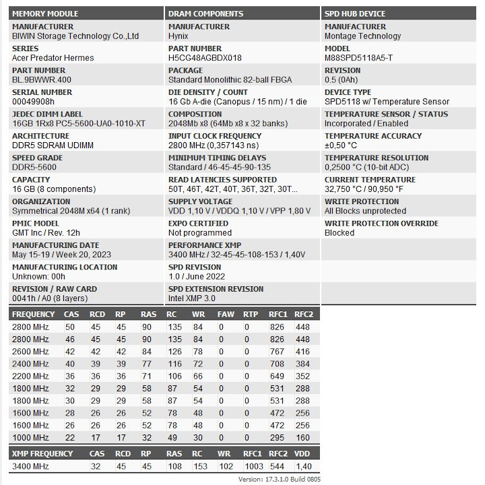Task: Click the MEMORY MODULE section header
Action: pos(45,13)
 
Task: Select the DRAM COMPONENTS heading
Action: pos(205,13)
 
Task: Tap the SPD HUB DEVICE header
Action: pos(355,13)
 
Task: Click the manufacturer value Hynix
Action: pos(179,36)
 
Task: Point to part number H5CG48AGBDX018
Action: pos(205,58)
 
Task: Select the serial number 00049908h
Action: pos(33,102)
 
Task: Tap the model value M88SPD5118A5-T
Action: pos(358,58)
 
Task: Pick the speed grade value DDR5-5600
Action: pos(35,167)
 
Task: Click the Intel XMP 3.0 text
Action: pos(192,298)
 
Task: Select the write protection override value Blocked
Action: pos(339,233)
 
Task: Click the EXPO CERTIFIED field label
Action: pos(198,224)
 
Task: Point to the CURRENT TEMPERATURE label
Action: pos(370,180)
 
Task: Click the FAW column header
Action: pos(226,314)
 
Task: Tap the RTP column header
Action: pos(251,314)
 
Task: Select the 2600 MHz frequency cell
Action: pos(30,352)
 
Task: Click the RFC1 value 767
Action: pos(277,352)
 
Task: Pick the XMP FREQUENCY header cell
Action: pos(42,454)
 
